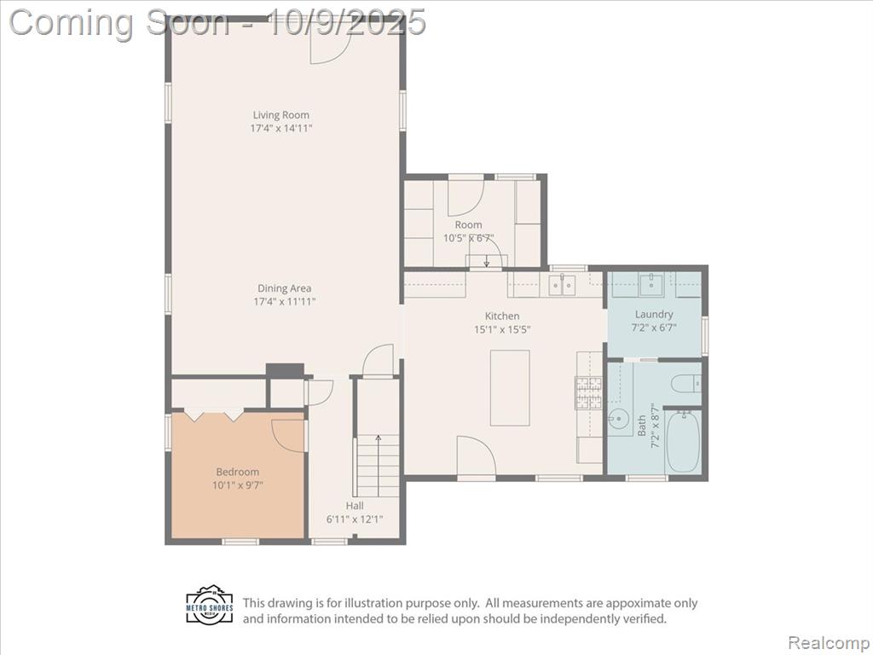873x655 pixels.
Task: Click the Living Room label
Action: coord(280,115)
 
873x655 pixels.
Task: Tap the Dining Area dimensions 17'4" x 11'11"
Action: coord(285,302)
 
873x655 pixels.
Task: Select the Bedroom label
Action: coord(238,472)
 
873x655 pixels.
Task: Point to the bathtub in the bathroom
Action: coord(683,442)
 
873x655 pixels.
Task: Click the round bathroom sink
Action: coord(617,418)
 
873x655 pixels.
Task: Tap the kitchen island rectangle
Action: coord(510,388)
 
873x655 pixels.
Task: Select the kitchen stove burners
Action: coord(589,392)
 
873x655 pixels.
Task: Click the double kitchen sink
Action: coord(562,285)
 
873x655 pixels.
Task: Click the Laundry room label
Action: coord(654,314)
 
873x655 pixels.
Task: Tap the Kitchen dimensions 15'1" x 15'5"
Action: coord(502,329)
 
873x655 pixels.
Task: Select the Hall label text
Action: coord(355,506)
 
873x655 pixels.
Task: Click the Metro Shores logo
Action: coord(210,604)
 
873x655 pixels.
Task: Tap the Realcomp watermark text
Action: coord(829,643)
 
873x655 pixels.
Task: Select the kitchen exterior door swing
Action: coord(477,455)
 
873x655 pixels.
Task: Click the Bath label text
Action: coord(642,426)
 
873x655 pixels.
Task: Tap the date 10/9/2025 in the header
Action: coord(346,22)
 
